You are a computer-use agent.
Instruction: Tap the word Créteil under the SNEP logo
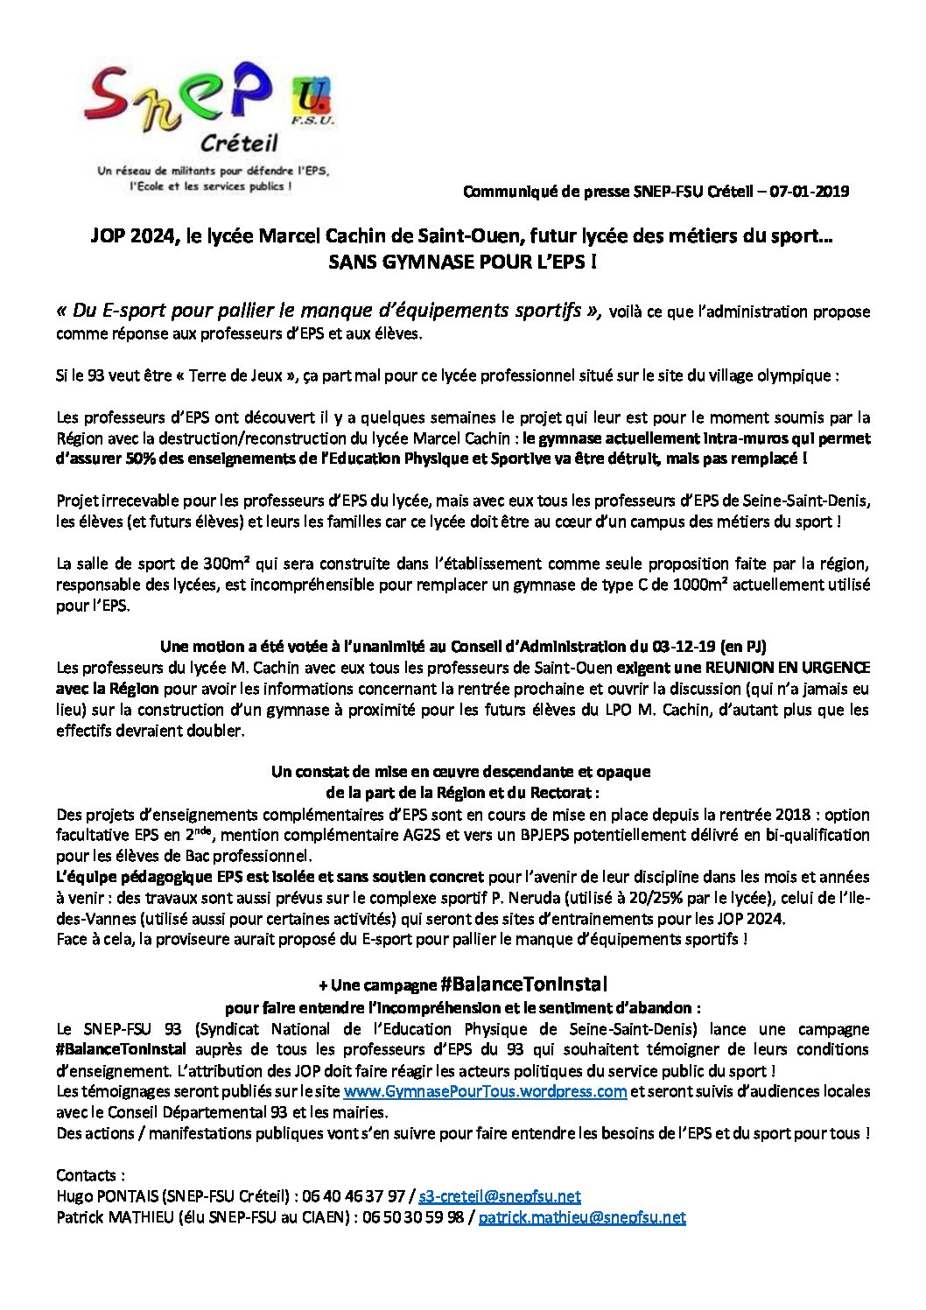(x=235, y=143)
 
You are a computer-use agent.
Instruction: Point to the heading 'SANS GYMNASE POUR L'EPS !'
(x=462, y=261)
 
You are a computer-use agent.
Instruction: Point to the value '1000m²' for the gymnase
(x=701, y=585)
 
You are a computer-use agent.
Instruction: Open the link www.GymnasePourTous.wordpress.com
(x=485, y=1091)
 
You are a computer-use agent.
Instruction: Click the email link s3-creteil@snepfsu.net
(x=500, y=1196)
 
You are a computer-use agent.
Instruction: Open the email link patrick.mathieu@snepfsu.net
(x=582, y=1217)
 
